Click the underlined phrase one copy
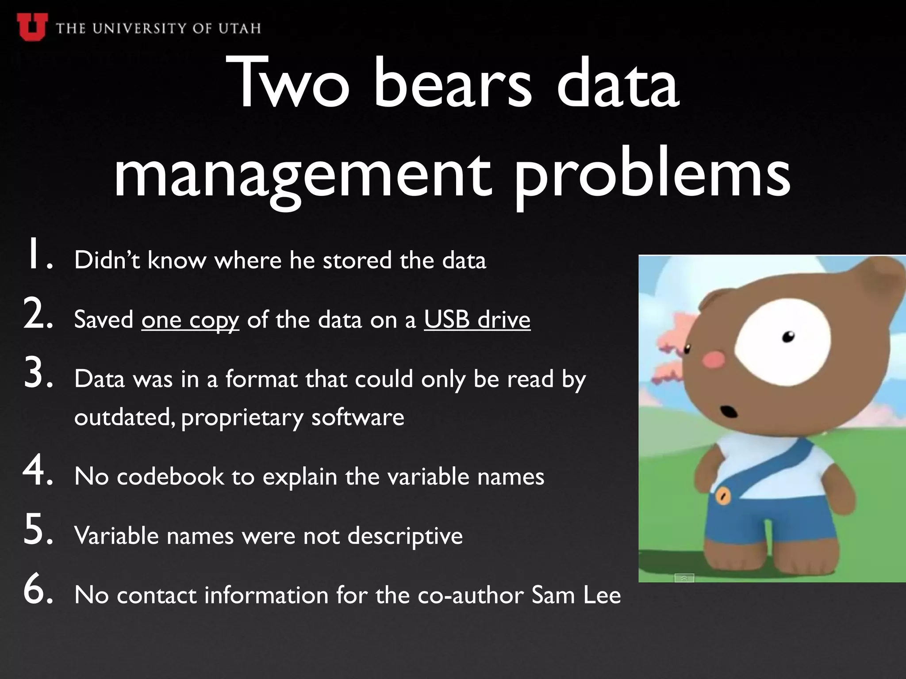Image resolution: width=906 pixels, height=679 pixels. [190, 320]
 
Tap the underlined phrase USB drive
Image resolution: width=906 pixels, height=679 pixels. [477, 320]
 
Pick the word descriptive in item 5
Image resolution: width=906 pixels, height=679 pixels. [405, 536]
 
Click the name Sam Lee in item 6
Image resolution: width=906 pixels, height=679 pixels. [576, 595]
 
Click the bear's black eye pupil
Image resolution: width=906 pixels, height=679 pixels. [789, 337]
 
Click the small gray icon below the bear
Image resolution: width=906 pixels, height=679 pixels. [684, 578]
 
